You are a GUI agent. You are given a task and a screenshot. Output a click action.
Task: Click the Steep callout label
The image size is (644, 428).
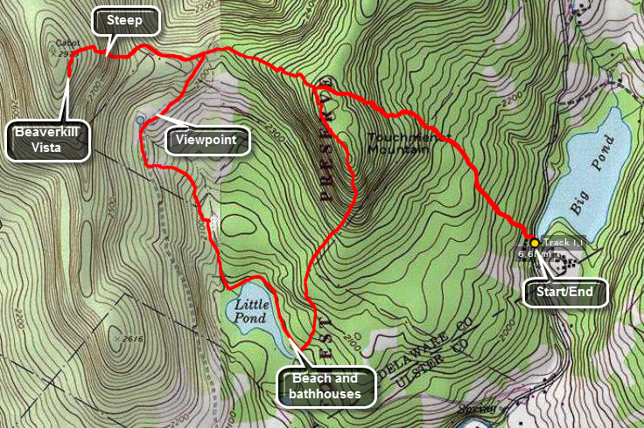click(x=124, y=20)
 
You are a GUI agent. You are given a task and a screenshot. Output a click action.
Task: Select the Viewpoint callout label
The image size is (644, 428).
click(x=207, y=139)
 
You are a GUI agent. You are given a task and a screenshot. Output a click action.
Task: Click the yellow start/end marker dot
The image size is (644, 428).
click(x=534, y=242)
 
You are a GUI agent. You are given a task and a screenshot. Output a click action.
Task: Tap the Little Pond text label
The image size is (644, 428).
click(x=253, y=312)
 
